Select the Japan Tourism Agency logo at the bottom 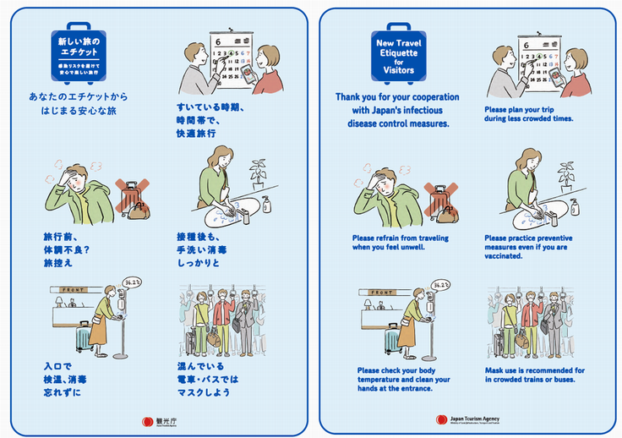tap(468, 419)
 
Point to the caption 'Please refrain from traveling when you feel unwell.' tap(400, 243)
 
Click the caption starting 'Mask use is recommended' tap(534, 375)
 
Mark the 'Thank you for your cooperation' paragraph tap(397, 110)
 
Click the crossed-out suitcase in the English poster tap(439, 202)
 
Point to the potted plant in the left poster tap(256, 172)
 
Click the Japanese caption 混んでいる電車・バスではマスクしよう tap(209, 380)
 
